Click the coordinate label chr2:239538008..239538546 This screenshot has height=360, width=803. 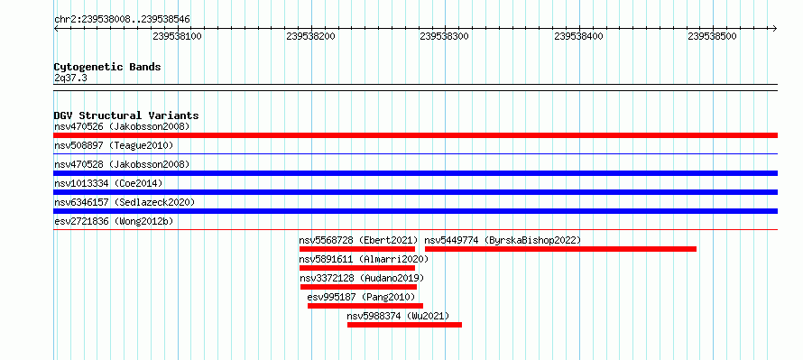click(122, 20)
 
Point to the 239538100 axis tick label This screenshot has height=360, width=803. click(177, 36)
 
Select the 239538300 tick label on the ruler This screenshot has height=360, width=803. click(445, 36)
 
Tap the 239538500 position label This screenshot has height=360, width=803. click(713, 36)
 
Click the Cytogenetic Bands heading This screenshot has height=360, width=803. click(107, 67)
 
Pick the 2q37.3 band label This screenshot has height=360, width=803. click(70, 78)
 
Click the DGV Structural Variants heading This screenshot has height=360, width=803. click(126, 115)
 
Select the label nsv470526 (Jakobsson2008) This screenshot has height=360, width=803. click(122, 126)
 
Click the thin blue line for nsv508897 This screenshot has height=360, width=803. click(415, 153)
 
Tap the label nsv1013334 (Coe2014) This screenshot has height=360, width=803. click(108, 183)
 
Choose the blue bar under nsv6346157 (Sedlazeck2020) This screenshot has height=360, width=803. click(415, 211)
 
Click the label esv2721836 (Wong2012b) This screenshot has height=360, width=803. click(114, 221)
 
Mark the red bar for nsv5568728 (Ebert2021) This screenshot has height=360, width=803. click(357, 249)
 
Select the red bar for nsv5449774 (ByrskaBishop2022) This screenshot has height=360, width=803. click(560, 249)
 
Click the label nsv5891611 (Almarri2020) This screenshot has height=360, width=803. click(364, 259)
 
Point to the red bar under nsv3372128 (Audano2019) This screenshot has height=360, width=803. click(358, 287)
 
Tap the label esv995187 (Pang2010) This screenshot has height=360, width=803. click(361, 297)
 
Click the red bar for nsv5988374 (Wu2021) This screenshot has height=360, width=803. click(404, 325)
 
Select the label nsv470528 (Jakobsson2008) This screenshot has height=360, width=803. click(122, 164)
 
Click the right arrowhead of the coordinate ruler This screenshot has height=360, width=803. click(775, 29)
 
